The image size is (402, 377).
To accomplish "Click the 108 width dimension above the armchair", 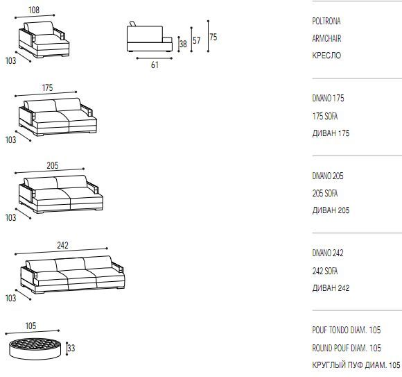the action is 34,10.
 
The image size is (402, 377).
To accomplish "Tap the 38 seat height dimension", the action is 183,44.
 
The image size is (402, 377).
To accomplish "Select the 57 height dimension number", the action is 196,40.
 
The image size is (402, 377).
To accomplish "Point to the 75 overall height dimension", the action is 213,37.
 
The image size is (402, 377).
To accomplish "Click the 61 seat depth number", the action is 155,65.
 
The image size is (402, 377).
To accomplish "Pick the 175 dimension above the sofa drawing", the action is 47,88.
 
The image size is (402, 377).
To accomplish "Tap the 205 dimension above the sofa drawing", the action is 53,165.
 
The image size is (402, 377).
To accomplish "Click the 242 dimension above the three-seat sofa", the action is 62,245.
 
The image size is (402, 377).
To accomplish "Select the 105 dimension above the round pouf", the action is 30,326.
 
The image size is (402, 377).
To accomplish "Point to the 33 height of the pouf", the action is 71,349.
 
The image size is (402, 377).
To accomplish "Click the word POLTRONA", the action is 326,21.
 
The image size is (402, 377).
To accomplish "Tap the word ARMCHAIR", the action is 326,38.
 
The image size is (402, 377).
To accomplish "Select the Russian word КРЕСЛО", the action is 326,56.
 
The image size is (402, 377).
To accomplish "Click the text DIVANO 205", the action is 328,176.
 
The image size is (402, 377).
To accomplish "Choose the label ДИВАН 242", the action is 331,288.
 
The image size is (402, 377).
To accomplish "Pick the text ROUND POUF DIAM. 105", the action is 347,348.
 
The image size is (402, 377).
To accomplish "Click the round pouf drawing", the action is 35,349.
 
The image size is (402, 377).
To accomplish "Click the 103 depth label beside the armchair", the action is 11,61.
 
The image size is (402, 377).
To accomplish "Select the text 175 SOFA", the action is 325,117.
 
